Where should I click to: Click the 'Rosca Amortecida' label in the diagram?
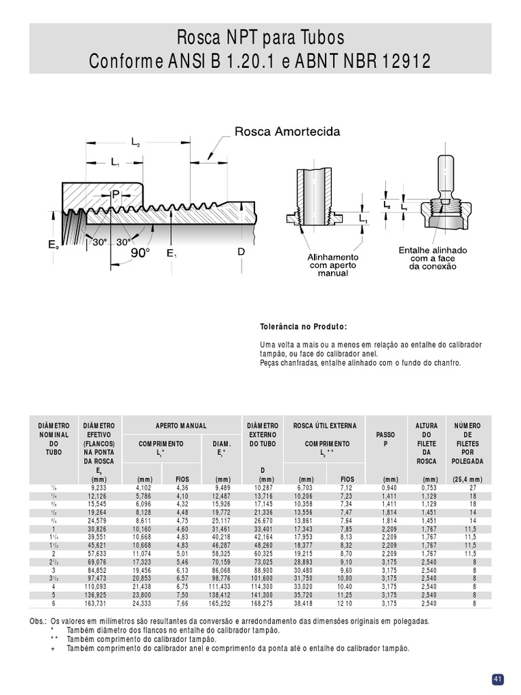pyautogui.click(x=287, y=131)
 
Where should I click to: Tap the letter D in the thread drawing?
pyautogui.click(x=241, y=252)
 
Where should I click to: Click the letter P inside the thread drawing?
pyautogui.click(x=115, y=195)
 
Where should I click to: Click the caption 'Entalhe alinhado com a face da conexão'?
pyautogui.click(x=432, y=259)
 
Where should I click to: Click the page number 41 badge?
pyautogui.click(x=497, y=679)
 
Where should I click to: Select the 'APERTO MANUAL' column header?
pyautogui.click(x=181, y=426)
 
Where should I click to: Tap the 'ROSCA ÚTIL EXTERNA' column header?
pyautogui.click(x=324, y=426)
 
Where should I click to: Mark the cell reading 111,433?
pyautogui.click(x=220, y=586)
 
